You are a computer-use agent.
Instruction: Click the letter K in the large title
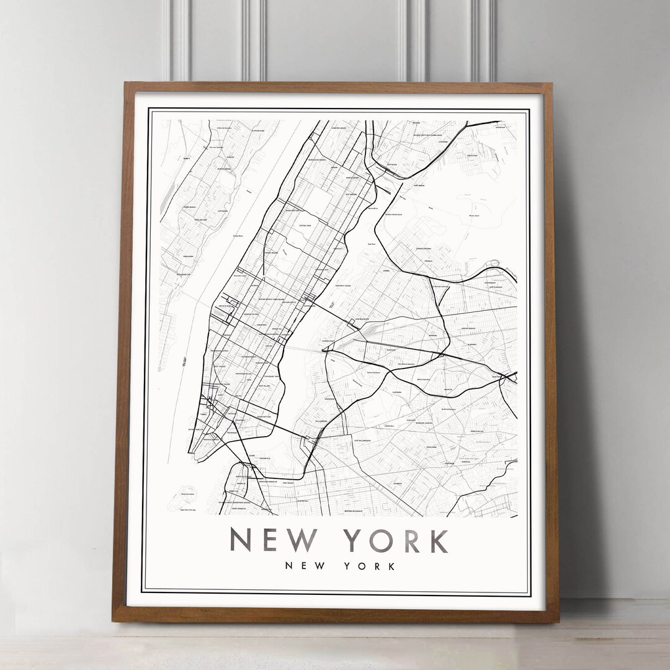[439, 540]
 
